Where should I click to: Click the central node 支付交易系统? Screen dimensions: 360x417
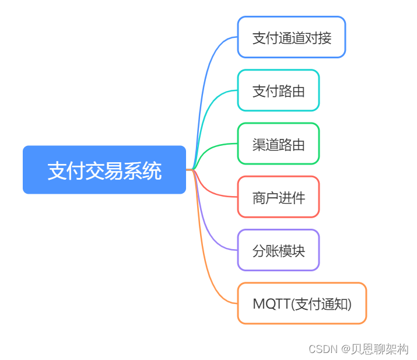point(104,170)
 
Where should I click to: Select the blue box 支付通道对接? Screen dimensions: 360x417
point(291,37)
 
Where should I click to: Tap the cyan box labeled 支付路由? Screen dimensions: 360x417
point(278,90)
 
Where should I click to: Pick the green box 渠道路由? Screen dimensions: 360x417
point(278,144)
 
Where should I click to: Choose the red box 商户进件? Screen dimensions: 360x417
point(278,197)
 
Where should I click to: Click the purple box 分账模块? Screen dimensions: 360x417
point(278,250)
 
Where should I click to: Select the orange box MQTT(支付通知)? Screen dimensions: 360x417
point(302,303)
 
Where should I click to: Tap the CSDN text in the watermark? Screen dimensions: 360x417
point(323,349)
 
